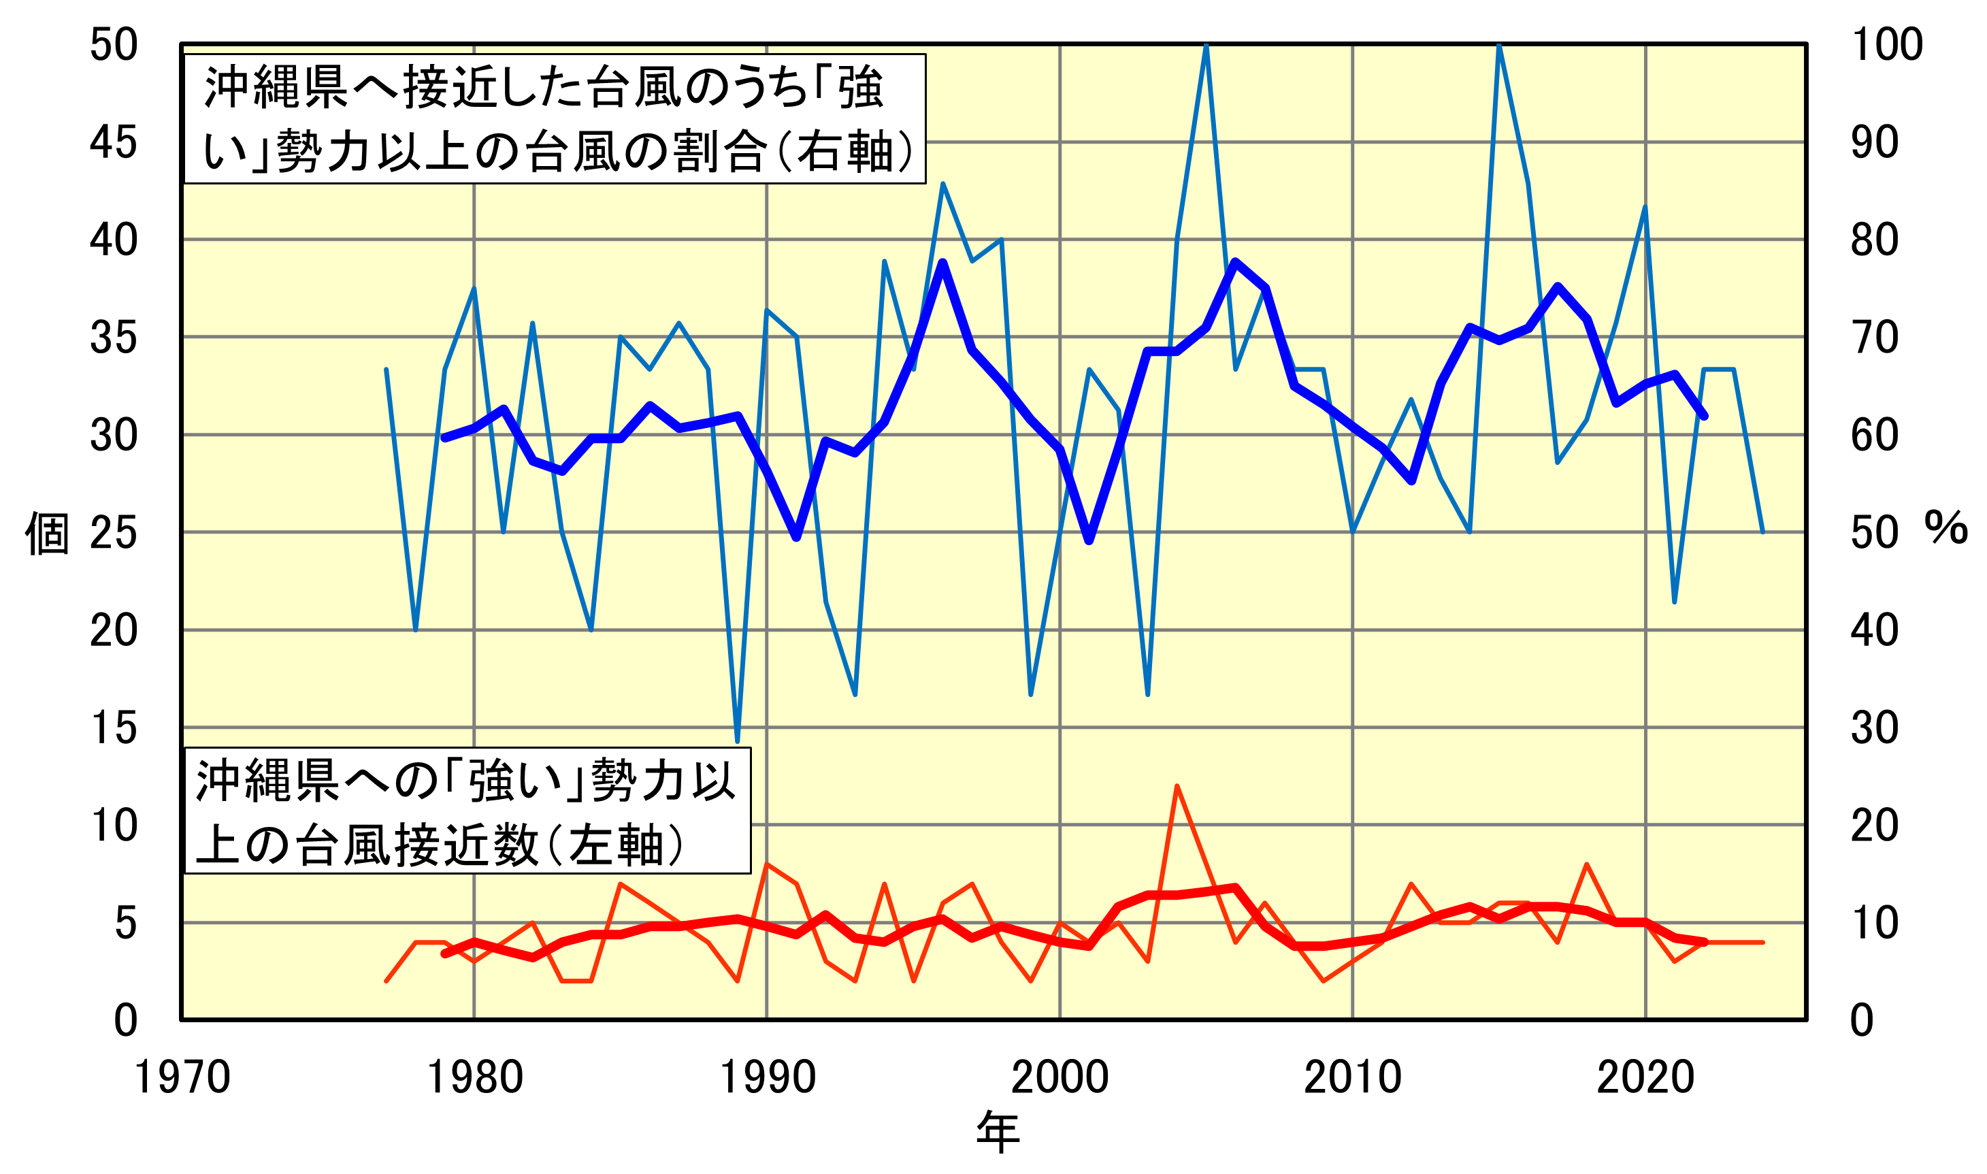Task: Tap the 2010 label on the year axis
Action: pos(1353,1077)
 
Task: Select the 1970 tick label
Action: pos(182,1077)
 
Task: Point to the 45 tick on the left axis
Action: pos(113,142)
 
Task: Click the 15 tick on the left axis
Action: pos(113,728)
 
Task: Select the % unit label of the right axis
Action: pos(1946,527)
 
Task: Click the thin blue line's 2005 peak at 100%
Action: pos(1206,45)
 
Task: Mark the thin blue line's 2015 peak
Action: pos(1499,45)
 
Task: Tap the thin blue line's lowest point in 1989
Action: pos(737,741)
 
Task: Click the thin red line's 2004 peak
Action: pos(1177,786)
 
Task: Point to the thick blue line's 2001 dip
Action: pos(1089,541)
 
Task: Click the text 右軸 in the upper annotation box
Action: pos(844,152)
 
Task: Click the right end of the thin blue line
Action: pos(1762,532)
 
